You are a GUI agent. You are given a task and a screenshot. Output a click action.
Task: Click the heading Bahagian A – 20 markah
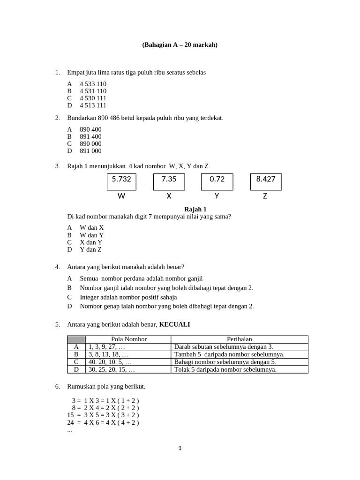click(180, 45)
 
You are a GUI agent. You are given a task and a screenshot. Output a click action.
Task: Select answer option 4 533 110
click(93, 84)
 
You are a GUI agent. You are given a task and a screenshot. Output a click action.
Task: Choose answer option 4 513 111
click(93, 105)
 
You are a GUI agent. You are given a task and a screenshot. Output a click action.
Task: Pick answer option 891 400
click(90, 136)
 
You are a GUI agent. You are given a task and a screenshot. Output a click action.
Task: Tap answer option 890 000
click(90, 143)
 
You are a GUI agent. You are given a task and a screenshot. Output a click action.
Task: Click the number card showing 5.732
click(121, 181)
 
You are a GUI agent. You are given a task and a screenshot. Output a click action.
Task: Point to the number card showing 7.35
click(169, 181)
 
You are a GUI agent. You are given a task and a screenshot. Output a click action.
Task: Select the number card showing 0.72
click(217, 181)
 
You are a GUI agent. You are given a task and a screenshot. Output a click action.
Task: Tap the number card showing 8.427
click(266, 181)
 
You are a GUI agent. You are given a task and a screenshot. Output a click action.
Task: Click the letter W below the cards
click(121, 196)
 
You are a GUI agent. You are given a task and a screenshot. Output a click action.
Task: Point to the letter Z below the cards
click(265, 196)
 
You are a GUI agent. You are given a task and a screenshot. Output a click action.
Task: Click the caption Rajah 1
click(195, 209)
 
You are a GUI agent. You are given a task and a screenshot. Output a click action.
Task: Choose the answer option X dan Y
click(91, 242)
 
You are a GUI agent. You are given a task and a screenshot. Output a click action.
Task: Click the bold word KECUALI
click(174, 324)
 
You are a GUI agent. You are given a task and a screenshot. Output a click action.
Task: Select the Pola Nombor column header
click(129, 339)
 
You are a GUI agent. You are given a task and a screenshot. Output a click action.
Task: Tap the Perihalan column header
click(239, 339)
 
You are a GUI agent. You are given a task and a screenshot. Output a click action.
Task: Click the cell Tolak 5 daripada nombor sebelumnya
click(225, 369)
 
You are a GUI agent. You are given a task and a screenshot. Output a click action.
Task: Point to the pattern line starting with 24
click(103, 422)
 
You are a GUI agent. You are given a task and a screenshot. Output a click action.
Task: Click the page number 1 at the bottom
click(180, 449)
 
